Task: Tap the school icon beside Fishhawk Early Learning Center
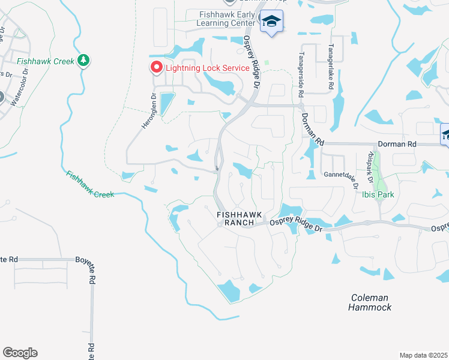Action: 271,23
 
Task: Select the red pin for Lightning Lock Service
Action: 156,67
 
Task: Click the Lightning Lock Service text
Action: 207,68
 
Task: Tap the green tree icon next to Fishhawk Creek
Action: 83,61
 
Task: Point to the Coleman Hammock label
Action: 370,302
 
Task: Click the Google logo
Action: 20,353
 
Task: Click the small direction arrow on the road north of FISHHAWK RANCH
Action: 216,167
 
